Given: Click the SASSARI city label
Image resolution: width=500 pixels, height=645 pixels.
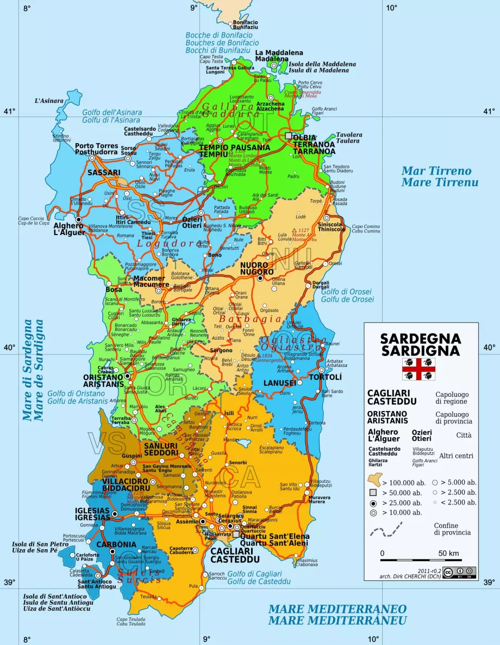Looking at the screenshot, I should [104, 173].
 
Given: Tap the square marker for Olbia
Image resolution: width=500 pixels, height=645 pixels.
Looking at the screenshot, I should [289, 137].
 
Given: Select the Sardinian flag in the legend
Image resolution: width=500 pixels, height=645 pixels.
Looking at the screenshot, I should [418, 368].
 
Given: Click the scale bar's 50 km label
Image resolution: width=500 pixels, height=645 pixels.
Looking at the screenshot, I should [448, 554].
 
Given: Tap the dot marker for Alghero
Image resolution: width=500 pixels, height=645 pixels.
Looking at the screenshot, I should [78, 219].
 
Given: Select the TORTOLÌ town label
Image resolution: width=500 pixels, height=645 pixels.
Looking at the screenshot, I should [325, 377].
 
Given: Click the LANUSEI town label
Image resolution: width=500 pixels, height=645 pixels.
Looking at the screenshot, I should [279, 383].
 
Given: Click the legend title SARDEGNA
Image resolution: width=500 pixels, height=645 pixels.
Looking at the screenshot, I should [421, 339].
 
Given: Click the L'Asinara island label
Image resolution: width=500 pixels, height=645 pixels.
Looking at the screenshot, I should [49, 101].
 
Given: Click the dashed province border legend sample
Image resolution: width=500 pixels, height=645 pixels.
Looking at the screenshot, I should [385, 529].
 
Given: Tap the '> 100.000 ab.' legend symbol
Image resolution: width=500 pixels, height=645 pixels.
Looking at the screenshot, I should [374, 480].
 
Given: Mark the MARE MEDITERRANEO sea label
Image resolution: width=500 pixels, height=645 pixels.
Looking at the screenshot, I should [337, 608].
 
